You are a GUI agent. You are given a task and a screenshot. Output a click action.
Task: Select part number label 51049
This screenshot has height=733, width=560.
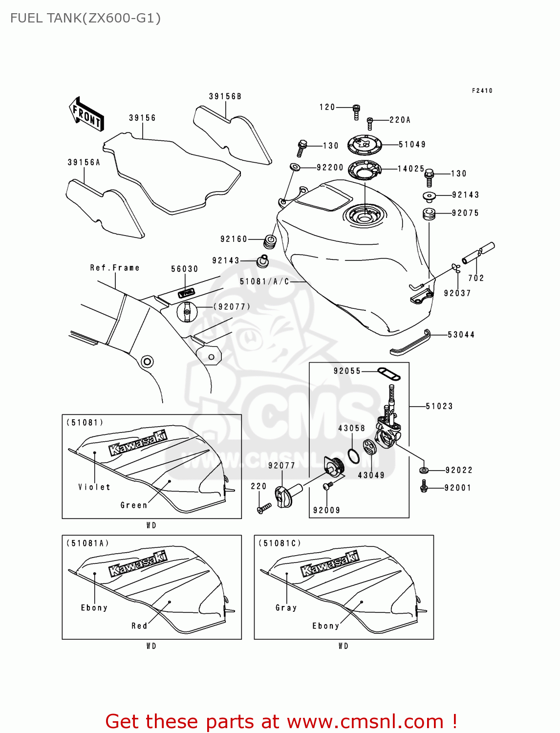point(412,145)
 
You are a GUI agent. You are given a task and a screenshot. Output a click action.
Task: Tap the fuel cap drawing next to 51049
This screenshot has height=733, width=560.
point(364,145)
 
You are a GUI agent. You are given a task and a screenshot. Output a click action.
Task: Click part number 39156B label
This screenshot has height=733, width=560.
point(225,97)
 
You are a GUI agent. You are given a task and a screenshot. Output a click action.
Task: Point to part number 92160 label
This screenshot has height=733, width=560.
point(234,239)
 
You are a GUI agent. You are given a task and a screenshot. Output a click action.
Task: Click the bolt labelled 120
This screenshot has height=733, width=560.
point(356,112)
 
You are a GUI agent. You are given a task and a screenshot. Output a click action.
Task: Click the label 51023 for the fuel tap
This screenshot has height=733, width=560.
point(439,407)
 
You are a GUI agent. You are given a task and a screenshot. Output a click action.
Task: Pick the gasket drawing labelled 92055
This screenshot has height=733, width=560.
point(389,374)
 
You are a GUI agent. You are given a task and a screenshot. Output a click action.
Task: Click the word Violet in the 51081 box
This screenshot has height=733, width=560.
point(94,487)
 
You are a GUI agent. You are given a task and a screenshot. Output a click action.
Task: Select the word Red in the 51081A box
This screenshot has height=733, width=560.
point(139,626)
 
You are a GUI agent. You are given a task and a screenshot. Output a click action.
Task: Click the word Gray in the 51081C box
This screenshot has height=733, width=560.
point(286,608)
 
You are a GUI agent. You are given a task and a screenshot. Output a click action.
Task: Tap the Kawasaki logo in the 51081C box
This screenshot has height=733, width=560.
point(330,563)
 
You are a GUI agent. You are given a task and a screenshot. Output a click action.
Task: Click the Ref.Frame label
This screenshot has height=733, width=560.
point(115,268)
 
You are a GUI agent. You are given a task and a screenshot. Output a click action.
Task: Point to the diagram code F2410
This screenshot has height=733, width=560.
point(482,91)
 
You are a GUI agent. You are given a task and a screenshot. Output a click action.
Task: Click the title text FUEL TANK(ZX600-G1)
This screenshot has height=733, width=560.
point(86,19)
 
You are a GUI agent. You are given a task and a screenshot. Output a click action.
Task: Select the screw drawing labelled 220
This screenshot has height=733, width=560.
point(264,509)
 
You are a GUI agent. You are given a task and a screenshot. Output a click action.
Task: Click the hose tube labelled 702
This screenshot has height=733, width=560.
point(478,253)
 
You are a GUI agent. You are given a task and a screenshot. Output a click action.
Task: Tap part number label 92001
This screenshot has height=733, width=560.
point(457,488)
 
